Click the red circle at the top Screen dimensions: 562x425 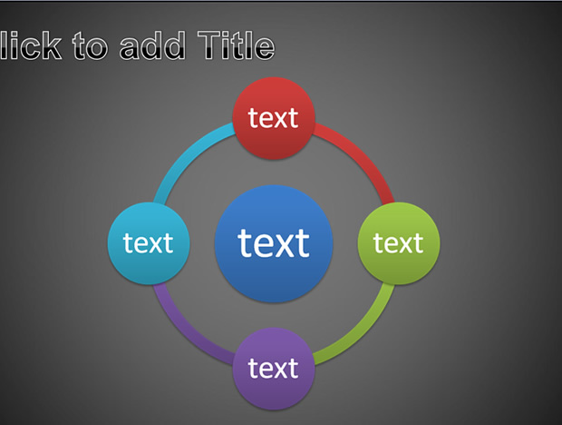coord(274,118)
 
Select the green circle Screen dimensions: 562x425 coord(399,243)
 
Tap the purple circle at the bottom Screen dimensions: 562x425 coord(274,369)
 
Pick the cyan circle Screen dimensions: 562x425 coord(149,243)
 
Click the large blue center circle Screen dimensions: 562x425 coord(274,243)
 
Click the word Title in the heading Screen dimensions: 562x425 coord(237,45)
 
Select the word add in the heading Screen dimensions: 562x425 coord(152,45)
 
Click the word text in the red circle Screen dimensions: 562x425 coord(273,118)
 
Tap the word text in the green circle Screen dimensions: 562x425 coord(398,243)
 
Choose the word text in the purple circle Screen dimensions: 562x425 coord(273,369)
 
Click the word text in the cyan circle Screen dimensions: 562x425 coord(148,243)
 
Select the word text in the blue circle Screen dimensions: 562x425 coord(274,242)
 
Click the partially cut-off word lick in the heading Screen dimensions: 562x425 coord(31,45)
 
